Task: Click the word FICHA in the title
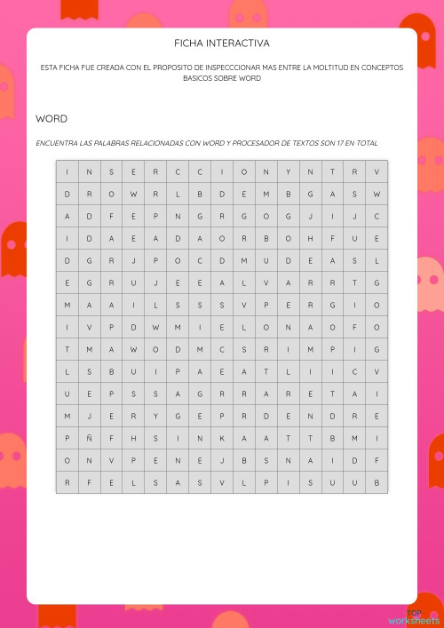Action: tap(189, 43)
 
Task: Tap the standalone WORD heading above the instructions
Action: tap(52, 118)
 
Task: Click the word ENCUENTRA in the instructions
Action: tap(57, 142)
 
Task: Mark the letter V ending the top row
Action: tap(377, 171)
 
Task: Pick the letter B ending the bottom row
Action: tap(377, 482)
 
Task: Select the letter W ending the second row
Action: tap(377, 194)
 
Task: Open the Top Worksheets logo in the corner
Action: tap(416, 616)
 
